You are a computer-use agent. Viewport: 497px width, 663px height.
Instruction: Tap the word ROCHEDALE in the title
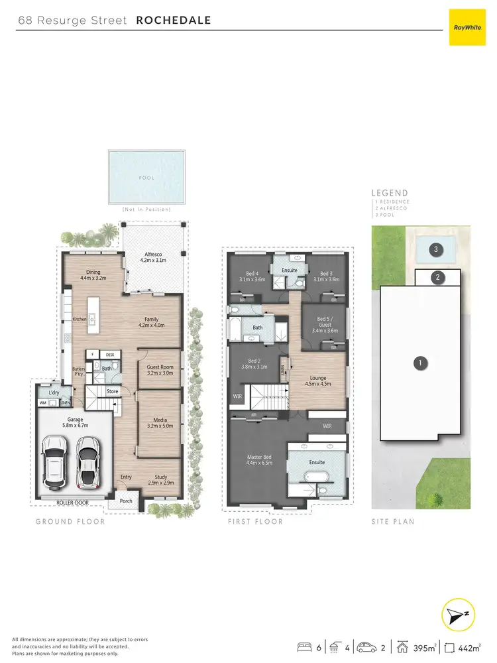pyautogui.click(x=173, y=20)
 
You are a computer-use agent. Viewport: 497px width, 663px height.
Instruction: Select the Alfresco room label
pyautogui.click(x=154, y=255)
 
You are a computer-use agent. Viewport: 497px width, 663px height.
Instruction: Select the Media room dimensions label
pyautogui.click(x=159, y=426)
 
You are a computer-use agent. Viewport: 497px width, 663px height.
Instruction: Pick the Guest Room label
pyautogui.click(x=159, y=367)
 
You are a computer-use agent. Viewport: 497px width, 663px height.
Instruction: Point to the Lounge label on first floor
pyautogui.click(x=317, y=377)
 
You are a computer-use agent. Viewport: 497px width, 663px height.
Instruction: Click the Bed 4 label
pyautogui.click(x=252, y=273)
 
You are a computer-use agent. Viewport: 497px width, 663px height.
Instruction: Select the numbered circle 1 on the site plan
pyautogui.click(x=419, y=363)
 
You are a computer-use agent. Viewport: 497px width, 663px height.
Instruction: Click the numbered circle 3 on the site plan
pyautogui.click(x=435, y=250)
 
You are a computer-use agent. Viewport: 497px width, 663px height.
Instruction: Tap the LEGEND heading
pyautogui.click(x=390, y=193)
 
